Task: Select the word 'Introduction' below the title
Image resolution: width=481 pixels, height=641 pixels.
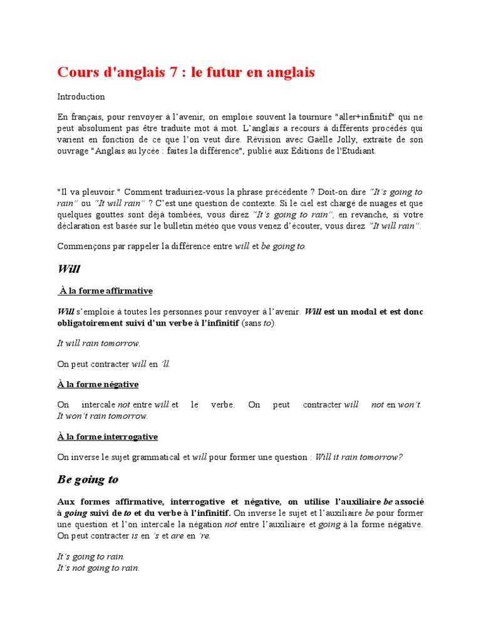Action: pos(81,97)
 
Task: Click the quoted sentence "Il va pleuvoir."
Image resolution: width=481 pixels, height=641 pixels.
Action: pos(85,192)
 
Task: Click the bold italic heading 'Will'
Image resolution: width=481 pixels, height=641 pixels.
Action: pos(68,269)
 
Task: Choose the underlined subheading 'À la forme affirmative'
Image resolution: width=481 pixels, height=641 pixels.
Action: pos(106,291)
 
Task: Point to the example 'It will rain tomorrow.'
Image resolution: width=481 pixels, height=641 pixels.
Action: pos(98,343)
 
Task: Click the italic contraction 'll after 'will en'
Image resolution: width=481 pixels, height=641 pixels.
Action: pos(165,364)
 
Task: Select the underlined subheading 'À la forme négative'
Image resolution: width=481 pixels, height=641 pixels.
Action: pos(98,384)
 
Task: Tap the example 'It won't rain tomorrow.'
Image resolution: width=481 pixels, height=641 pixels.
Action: pos(102,416)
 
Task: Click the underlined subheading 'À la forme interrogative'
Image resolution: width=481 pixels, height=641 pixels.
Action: pos(107,437)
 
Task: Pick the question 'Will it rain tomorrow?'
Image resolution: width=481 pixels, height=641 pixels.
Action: pos(358,457)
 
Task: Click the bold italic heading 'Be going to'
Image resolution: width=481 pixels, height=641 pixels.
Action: pos(88,480)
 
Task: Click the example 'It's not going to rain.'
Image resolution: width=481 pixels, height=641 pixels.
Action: pos(98,568)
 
